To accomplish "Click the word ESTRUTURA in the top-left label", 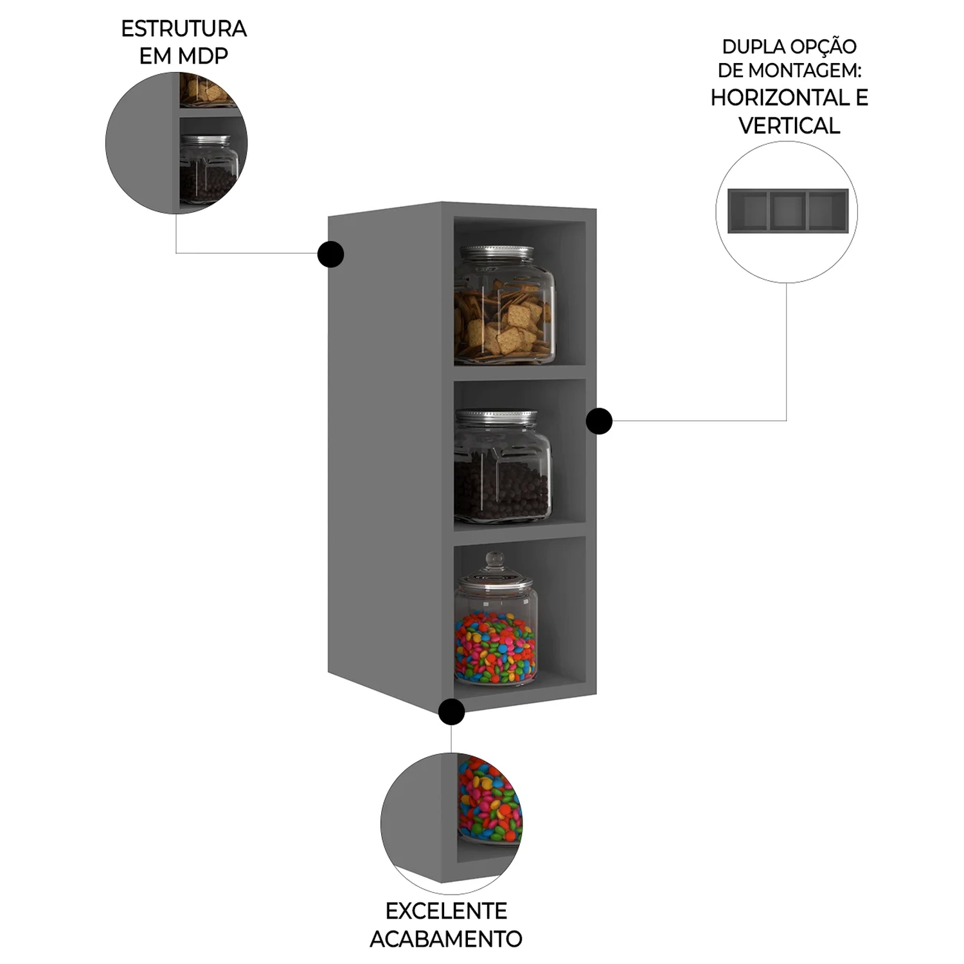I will [x=184, y=29].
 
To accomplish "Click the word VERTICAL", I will [x=789, y=125].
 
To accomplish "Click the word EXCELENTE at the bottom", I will [x=446, y=911].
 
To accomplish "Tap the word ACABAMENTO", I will [x=446, y=939].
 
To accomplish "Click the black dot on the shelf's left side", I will [x=330, y=254].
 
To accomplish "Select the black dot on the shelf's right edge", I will [x=599, y=422].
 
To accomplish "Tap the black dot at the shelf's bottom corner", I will [x=452, y=711].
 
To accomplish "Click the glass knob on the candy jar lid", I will [x=495, y=558].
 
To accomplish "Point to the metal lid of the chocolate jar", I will [x=496, y=416].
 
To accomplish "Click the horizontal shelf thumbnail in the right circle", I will [x=787, y=211].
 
